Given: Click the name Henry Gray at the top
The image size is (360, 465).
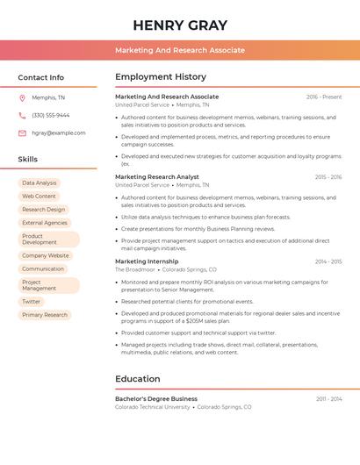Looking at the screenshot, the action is tap(180, 25).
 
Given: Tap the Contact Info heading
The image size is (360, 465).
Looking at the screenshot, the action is tap(41, 77).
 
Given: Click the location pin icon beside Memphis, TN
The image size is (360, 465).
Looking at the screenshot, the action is tap(22, 97).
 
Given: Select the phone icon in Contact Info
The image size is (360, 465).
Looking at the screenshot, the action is tap(22, 115).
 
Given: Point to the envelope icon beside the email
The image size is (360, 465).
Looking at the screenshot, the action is tap(22, 133).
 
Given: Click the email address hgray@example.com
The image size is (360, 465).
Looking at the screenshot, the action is tap(59, 133).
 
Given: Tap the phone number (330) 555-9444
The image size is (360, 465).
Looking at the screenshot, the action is tap(51, 115).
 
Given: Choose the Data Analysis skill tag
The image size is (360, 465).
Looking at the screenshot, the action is tap(40, 183).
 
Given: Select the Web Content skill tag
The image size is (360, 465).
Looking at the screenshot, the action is tap(39, 197).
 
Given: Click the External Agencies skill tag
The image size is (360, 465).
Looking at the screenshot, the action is tap(45, 223).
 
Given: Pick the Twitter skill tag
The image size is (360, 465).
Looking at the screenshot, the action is tap(32, 302).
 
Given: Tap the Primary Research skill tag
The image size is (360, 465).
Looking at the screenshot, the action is tap(45, 315).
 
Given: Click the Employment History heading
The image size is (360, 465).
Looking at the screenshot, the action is tap(161, 77).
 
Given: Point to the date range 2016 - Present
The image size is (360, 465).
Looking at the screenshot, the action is tap(324, 97).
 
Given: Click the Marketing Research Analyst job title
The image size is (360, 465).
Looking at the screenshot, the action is tap(157, 177).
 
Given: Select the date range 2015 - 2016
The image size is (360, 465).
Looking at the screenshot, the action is tap(328, 177).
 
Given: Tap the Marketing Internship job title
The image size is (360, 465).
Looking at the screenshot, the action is tap(147, 261).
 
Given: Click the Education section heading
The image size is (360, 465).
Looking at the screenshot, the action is tap(138, 379).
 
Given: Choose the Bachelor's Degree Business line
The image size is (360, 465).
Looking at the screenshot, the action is tap(156, 399).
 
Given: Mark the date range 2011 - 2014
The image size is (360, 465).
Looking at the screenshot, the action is tap(329, 399).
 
